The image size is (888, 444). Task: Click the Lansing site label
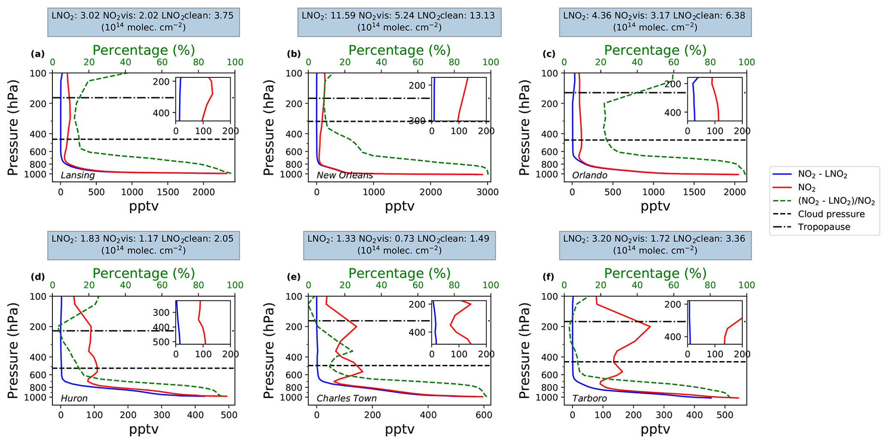78,175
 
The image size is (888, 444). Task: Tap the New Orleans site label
345,175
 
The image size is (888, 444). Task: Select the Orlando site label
589,175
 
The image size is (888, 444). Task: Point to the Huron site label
74,398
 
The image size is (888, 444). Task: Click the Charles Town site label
347,398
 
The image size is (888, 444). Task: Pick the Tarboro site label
589,398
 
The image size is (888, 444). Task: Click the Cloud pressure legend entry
831,214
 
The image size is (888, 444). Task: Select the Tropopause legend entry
824,227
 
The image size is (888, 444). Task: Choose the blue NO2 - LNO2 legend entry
823,174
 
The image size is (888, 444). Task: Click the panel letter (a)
38,54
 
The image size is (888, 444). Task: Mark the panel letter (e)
294,277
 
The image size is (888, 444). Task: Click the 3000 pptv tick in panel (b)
488,192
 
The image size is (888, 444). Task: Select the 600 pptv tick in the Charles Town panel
483,415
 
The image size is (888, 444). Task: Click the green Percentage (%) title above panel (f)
655,273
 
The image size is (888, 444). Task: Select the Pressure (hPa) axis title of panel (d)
13,350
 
